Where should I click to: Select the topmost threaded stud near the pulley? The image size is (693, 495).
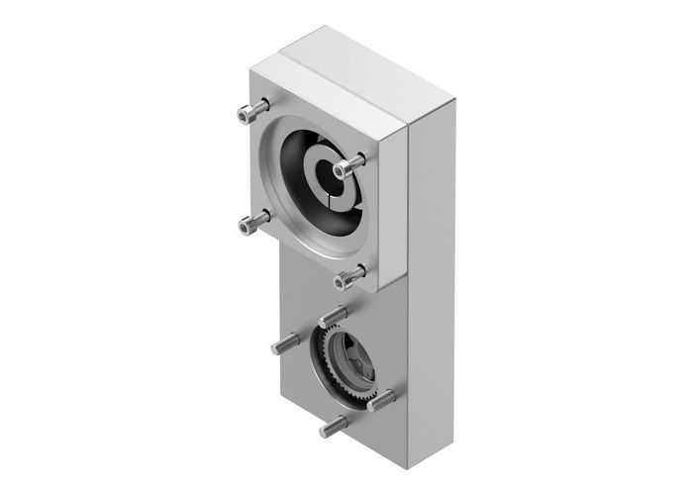click(x=334, y=316)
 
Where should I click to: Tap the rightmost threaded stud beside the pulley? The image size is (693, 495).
click(x=383, y=398)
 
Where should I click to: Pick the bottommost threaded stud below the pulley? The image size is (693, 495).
click(x=333, y=427)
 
